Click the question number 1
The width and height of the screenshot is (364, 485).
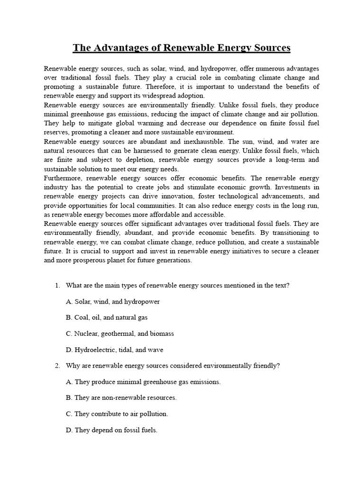click(57, 285)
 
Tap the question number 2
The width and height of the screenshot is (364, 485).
click(57, 366)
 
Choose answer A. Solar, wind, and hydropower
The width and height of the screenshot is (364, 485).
click(113, 301)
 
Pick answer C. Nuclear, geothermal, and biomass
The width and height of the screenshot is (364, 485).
click(120, 333)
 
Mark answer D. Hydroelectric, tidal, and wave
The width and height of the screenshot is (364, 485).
click(115, 350)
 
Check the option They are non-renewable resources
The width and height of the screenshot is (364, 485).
click(121, 398)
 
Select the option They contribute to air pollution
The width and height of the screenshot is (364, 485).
click(117, 414)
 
